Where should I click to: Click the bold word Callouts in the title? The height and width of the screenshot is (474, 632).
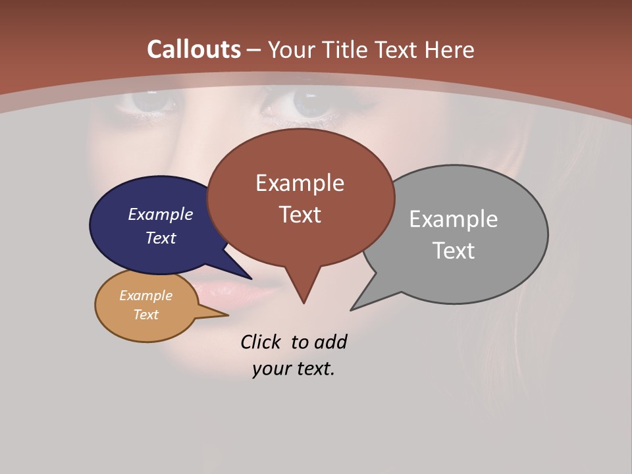click(x=194, y=49)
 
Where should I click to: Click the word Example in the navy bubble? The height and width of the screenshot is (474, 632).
click(x=160, y=214)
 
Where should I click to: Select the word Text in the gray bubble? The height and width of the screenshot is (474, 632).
click(x=454, y=251)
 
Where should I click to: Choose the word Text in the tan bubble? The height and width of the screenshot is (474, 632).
click(x=145, y=315)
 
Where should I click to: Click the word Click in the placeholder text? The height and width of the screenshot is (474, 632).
click(x=261, y=342)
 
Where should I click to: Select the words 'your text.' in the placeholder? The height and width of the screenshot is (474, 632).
click(x=294, y=369)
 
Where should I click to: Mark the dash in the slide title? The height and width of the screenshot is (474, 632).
click(x=253, y=50)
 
